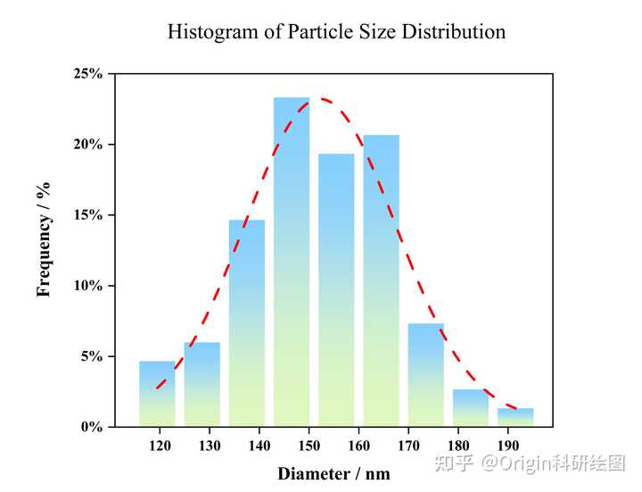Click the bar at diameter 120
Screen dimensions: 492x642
[x=157, y=394]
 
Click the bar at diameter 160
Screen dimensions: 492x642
[x=336, y=290]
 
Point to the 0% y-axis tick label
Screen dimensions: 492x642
[x=92, y=427]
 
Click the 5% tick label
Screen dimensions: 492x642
[x=92, y=356]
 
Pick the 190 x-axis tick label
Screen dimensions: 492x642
[x=506, y=445]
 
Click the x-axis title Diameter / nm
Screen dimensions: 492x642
[x=333, y=473]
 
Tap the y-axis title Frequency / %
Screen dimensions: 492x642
[x=44, y=238]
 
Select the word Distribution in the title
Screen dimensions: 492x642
[x=453, y=32]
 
